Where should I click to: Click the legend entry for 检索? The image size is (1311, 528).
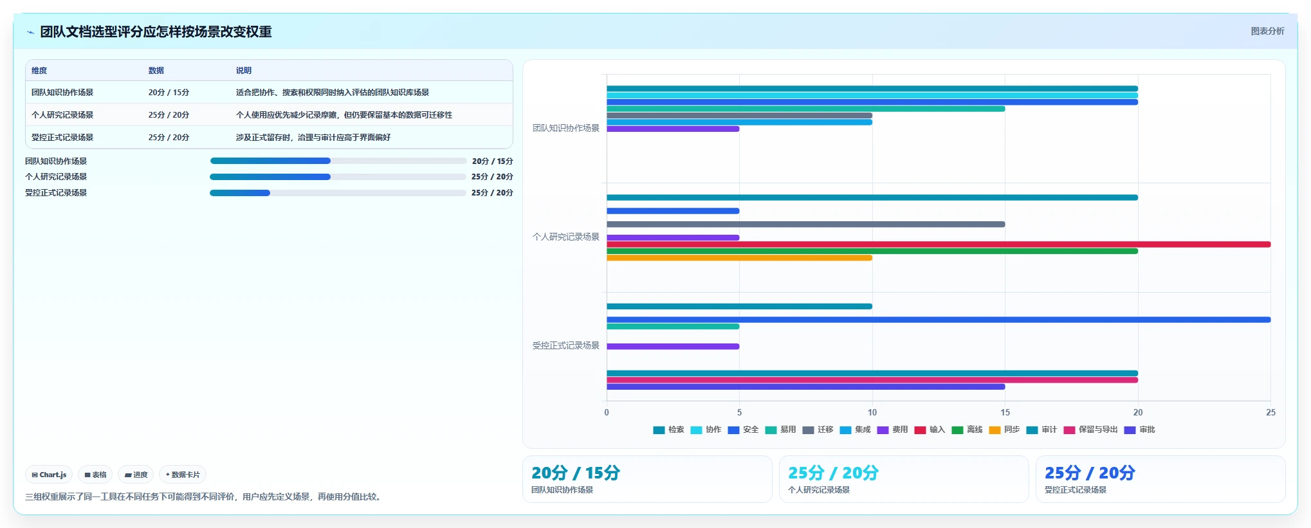tap(668, 430)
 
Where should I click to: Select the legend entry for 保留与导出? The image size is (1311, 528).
tap(1090, 430)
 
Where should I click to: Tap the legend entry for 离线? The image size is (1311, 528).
tap(967, 430)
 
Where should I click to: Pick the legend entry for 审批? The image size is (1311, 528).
tap(1139, 430)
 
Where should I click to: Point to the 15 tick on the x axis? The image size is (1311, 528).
tap(1005, 412)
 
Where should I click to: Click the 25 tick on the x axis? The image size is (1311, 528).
tap(1270, 412)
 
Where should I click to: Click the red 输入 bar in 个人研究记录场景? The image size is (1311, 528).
tap(939, 244)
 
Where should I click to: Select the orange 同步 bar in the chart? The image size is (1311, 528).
tap(739, 258)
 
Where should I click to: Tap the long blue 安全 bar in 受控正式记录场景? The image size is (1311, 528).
tap(939, 320)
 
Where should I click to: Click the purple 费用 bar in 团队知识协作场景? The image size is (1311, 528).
tap(673, 129)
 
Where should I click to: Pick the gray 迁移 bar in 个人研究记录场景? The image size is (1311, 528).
tap(805, 224)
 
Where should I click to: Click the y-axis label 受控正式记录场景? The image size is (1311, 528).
tap(565, 345)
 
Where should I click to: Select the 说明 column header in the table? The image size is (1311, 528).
tap(243, 71)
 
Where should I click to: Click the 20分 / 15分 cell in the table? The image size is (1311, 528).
tap(169, 93)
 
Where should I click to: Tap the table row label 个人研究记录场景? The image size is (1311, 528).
tap(62, 115)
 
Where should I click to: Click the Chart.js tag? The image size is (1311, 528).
tap(49, 475)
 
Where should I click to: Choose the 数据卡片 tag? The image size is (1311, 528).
tap(183, 475)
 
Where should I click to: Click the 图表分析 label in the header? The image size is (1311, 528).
tap(1267, 31)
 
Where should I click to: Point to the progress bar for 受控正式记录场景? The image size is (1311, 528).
tap(338, 193)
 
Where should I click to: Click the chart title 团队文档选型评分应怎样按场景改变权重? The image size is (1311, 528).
tap(156, 32)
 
